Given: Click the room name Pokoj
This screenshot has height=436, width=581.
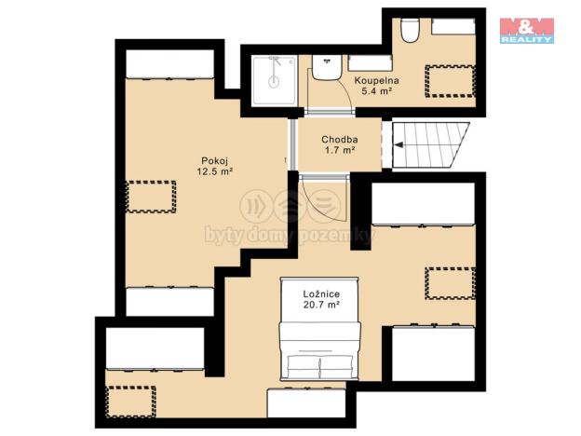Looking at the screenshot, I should point(214,159).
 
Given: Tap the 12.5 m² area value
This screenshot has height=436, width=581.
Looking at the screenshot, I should point(214,171).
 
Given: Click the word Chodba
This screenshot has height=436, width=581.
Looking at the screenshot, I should point(339,140).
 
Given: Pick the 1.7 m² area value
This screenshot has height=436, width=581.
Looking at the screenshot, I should point(339,151).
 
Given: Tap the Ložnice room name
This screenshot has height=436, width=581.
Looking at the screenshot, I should point(319,293).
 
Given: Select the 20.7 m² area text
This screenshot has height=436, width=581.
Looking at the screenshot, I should point(319,305).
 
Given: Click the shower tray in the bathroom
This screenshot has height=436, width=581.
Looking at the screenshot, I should point(273,79).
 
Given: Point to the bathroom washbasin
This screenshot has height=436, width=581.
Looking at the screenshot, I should point(326,69).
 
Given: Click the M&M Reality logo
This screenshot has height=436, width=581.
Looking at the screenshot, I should point(527,30).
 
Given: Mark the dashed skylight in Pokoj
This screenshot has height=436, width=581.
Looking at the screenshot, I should point(152,197).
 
